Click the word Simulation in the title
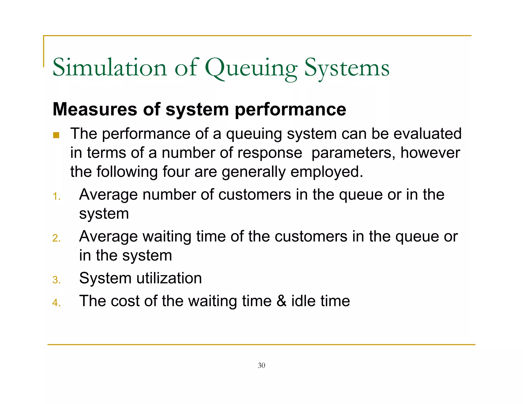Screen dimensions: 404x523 point(110,68)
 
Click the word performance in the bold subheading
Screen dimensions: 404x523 point(290,110)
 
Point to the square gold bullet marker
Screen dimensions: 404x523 point(56,135)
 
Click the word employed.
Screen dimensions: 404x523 point(327,172)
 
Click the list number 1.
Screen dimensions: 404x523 point(56,197)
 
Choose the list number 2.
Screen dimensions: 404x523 point(56,238)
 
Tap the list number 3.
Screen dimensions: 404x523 point(56,280)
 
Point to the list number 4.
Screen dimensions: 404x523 point(56,303)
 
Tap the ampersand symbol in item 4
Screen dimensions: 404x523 point(281,301)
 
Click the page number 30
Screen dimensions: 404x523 point(261,365)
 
